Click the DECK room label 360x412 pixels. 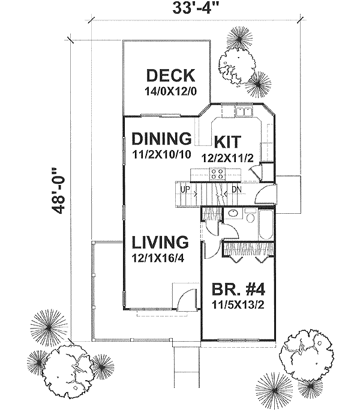(170, 76)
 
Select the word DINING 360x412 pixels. (161, 138)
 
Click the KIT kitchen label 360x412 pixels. (227, 142)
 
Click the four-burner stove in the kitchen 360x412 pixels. (217, 174)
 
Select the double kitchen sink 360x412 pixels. (243, 112)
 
